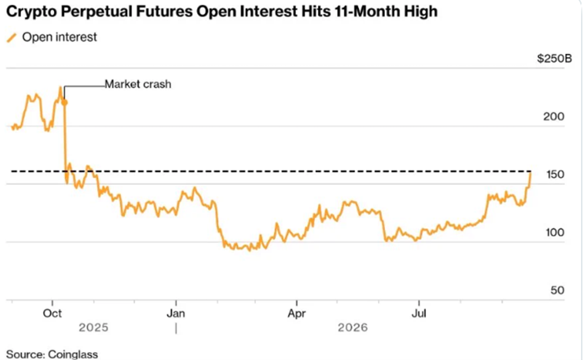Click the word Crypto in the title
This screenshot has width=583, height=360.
(31, 12)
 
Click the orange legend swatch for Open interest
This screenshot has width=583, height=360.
(12, 38)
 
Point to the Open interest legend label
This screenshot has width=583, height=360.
(60, 37)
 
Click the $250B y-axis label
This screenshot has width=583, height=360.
(554, 58)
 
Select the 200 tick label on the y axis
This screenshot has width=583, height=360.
(554, 117)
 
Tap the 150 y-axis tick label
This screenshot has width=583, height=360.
(555, 174)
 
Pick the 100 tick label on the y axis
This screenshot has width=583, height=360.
(555, 233)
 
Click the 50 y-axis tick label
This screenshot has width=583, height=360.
(557, 290)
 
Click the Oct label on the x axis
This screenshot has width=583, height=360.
(52, 313)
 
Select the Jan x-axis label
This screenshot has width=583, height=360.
(176, 313)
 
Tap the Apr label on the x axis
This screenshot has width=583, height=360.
(297, 313)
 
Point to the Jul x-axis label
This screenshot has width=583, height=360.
(419, 313)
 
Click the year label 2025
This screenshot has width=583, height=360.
(94, 328)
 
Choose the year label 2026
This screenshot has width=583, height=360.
(353, 328)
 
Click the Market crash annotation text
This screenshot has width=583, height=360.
(138, 84)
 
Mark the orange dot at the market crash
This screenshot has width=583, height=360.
(64, 102)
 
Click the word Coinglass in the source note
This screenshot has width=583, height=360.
(73, 355)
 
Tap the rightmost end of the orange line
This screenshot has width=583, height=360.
(530, 173)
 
